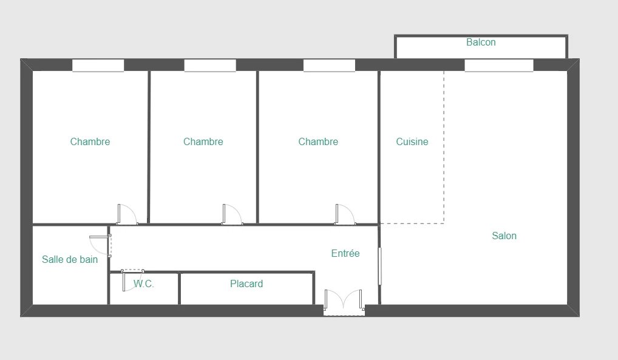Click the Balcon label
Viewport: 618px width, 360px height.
[x=481, y=42]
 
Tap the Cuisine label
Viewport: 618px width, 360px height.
[x=412, y=141]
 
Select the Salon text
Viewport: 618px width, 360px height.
[x=504, y=236]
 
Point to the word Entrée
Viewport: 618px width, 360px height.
[x=345, y=253]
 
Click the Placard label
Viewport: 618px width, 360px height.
[x=246, y=284]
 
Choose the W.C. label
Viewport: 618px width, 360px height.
[x=143, y=284]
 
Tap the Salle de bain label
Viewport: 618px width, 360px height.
[x=70, y=259]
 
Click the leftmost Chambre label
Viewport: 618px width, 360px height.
[x=90, y=141]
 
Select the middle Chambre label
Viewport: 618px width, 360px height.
[x=203, y=141]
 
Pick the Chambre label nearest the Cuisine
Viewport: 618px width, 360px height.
[x=318, y=141]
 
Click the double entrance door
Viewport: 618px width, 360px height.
[x=344, y=302]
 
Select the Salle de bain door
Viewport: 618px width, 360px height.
[x=101, y=245]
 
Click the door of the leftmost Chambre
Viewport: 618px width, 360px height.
[x=127, y=214]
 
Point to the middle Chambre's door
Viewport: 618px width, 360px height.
[x=232, y=214]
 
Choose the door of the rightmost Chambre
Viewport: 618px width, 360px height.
[x=345, y=214]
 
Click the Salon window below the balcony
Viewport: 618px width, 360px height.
[x=499, y=66]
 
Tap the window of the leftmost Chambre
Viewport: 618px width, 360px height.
[x=98, y=66]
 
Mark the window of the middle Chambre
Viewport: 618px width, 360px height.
[x=210, y=66]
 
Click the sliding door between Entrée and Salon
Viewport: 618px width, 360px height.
[x=380, y=266]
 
